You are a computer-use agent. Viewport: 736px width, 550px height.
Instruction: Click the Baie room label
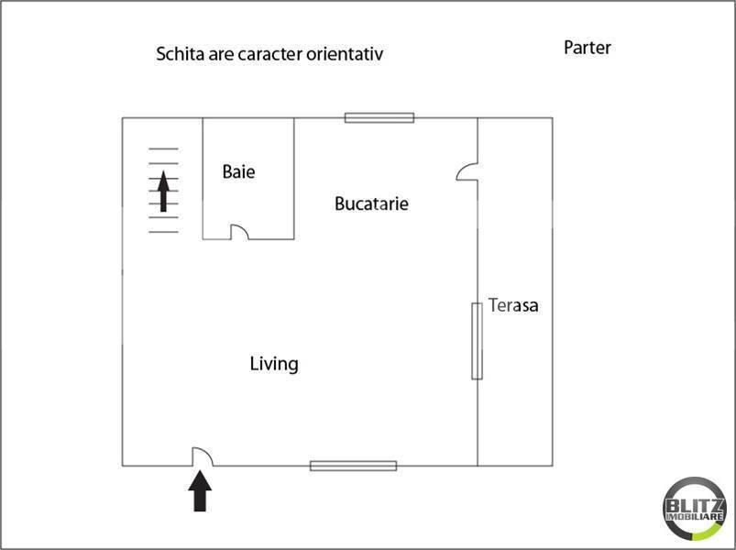click(x=238, y=171)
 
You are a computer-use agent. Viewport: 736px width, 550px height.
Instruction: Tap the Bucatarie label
click(x=371, y=203)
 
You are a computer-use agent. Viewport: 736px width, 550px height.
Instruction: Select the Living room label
click(x=274, y=364)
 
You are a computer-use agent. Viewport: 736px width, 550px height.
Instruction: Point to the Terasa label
click(x=513, y=305)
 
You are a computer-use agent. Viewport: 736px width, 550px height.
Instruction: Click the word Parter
click(x=588, y=48)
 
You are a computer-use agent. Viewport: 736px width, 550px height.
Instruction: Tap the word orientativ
click(x=345, y=53)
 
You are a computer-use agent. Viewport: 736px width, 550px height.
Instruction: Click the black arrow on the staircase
click(x=163, y=192)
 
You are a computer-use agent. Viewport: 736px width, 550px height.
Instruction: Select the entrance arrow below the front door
click(x=200, y=490)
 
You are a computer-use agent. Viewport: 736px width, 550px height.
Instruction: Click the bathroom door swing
click(x=239, y=232)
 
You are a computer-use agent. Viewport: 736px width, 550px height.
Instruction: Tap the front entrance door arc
click(x=203, y=456)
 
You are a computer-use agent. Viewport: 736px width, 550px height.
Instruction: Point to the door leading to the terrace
click(x=467, y=171)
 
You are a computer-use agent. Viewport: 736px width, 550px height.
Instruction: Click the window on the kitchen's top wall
click(x=379, y=117)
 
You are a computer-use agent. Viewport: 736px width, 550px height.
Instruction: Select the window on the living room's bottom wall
click(x=354, y=466)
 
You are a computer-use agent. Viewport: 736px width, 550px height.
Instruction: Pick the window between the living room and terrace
click(x=477, y=341)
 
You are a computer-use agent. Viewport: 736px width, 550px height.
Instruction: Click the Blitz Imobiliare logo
click(x=695, y=509)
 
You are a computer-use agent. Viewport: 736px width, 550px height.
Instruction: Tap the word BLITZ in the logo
click(x=695, y=506)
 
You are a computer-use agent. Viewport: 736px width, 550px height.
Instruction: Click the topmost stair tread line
click(x=163, y=148)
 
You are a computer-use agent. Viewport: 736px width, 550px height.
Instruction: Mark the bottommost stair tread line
click(x=163, y=232)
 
